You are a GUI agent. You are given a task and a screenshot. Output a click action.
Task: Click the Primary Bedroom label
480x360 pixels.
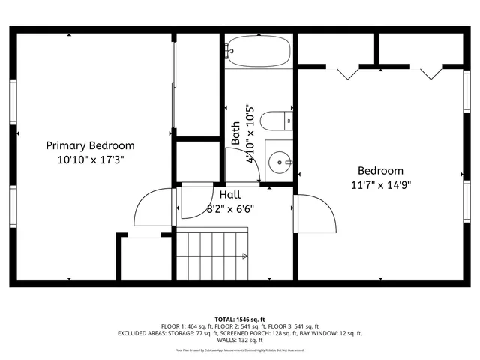tap(90, 145)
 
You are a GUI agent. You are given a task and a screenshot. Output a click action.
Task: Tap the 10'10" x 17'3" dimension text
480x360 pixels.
tap(90, 160)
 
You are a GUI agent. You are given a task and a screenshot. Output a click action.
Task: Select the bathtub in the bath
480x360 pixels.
tap(257, 51)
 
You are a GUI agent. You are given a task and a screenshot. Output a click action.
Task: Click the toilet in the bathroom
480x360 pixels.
tap(277, 120)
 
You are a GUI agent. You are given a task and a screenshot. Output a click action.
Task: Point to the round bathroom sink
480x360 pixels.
tap(281, 160)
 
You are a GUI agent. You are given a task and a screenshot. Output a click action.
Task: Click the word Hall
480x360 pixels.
tap(230, 195)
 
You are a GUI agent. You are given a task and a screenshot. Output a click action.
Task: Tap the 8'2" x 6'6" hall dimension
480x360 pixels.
tap(230, 209)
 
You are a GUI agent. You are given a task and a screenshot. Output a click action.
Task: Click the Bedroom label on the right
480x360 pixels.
tap(379, 171)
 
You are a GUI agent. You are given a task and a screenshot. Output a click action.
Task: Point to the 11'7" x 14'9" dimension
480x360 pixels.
tap(379, 185)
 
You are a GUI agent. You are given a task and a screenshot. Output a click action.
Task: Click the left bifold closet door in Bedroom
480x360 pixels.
tap(346, 73)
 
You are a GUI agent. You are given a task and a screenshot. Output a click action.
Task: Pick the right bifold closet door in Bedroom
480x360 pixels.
tap(431, 73)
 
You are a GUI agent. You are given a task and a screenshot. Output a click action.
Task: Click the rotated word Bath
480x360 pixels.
tap(235, 133)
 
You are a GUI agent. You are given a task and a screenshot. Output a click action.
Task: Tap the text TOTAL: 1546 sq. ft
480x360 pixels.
tap(240, 319)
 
